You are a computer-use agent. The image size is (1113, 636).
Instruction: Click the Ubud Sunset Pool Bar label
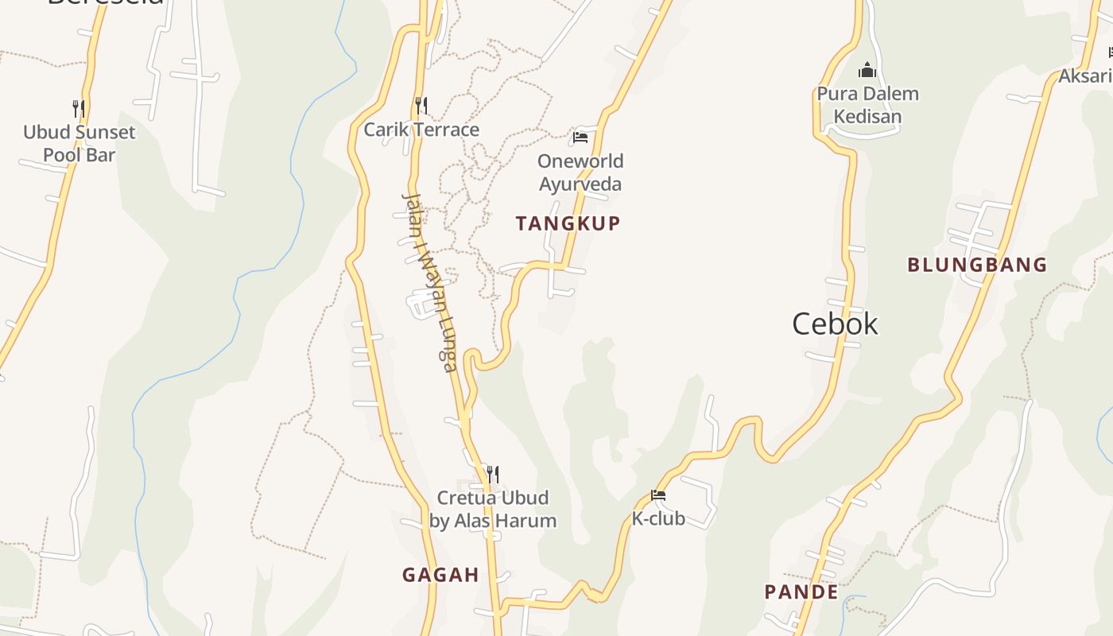pyautogui.click(x=79, y=143)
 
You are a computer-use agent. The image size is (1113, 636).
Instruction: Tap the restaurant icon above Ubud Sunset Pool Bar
pyautogui.click(x=78, y=108)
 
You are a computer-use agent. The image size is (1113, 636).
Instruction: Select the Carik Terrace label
pyautogui.click(x=421, y=130)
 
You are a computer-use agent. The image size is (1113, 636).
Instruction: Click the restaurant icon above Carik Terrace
pyautogui.click(x=421, y=105)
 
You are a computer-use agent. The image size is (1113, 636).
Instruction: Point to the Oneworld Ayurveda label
pyautogui.click(x=580, y=173)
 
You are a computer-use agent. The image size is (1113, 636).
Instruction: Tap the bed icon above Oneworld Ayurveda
pyautogui.click(x=580, y=138)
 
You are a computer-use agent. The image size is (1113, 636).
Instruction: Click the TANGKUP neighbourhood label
pyautogui.click(x=568, y=223)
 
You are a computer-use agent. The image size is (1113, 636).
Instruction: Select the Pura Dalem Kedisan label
pyautogui.click(x=867, y=105)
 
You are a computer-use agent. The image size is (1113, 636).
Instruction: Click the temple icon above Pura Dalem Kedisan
pyautogui.click(x=867, y=70)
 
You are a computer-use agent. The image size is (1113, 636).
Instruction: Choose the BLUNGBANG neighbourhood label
pyautogui.click(x=977, y=265)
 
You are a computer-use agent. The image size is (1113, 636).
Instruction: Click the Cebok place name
pyautogui.click(x=835, y=324)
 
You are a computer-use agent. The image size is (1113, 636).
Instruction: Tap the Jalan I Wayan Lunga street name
pyautogui.click(x=429, y=282)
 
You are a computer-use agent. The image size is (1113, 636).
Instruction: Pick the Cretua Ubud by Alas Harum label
pyautogui.click(x=493, y=509)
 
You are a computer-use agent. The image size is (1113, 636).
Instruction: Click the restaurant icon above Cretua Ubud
pyautogui.click(x=493, y=475)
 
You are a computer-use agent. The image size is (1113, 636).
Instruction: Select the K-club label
pyautogui.click(x=658, y=518)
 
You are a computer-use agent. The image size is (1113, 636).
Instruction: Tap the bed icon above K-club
pyautogui.click(x=658, y=495)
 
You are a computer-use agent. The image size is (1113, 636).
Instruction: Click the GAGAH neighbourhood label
pyautogui.click(x=440, y=575)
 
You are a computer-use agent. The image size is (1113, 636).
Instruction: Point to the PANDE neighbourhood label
pyautogui.click(x=801, y=592)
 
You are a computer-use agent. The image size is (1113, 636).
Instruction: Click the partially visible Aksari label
pyautogui.click(x=1086, y=76)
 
